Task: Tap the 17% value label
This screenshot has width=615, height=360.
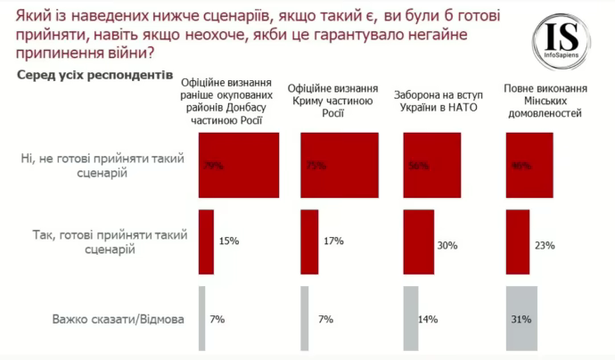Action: (x=332, y=241)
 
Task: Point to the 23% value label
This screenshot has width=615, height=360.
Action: (x=545, y=245)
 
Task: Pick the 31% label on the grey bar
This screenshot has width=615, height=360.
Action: (x=521, y=318)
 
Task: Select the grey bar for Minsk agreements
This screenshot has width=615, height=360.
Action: (x=521, y=318)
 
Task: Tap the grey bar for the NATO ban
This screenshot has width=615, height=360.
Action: (x=411, y=318)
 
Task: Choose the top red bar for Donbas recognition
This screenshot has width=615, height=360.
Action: (x=238, y=164)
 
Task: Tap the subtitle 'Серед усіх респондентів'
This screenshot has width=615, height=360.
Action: (x=94, y=77)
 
